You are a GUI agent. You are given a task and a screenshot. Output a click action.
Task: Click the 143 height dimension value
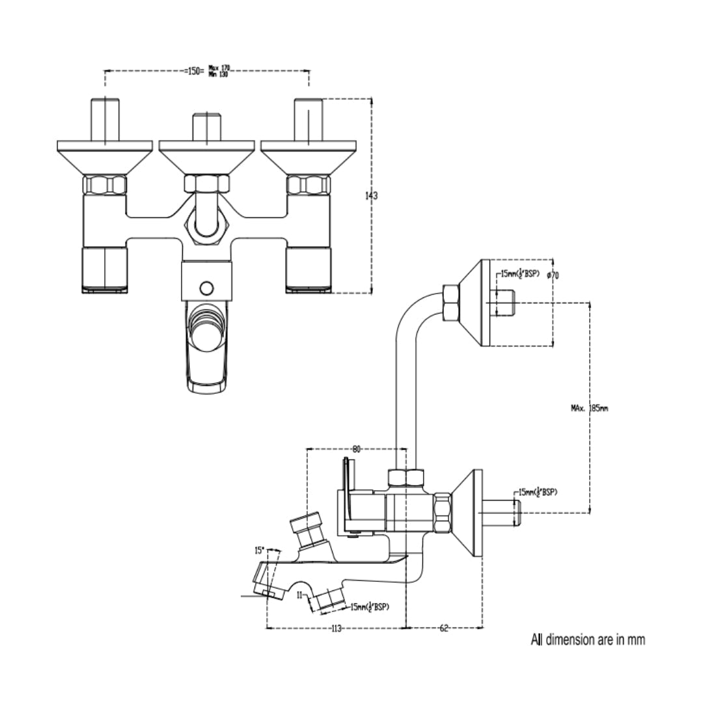(x=372, y=196)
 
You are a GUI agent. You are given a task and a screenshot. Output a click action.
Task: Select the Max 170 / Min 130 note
(x=220, y=71)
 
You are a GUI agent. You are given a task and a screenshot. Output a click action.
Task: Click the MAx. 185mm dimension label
(x=589, y=409)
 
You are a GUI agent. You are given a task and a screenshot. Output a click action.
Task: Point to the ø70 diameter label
(x=553, y=275)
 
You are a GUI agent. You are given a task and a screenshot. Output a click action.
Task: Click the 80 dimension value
(x=357, y=448)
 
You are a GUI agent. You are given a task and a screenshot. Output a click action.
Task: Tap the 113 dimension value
(x=336, y=628)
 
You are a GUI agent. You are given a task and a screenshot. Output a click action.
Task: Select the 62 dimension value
(x=444, y=628)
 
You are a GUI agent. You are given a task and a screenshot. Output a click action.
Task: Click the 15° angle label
(x=260, y=550)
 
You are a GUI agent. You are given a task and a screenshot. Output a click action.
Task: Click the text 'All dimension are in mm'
(x=588, y=640)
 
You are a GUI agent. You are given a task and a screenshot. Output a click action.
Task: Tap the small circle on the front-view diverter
(x=207, y=287)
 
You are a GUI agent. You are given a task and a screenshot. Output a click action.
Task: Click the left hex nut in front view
(x=104, y=186)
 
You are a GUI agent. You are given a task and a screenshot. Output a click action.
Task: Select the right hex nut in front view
(x=309, y=186)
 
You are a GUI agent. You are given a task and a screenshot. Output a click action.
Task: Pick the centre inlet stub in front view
(x=206, y=128)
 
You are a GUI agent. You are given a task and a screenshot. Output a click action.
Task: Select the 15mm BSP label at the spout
(x=370, y=607)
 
